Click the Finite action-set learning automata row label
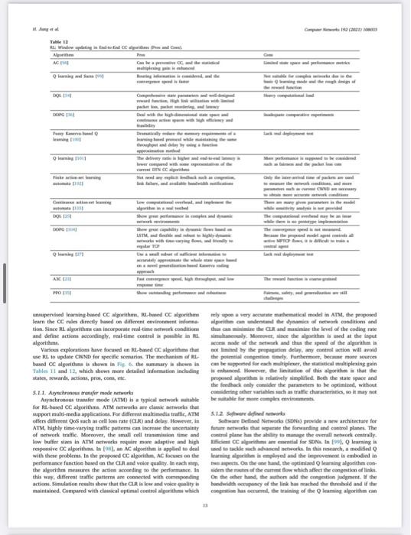tap(74, 179)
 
